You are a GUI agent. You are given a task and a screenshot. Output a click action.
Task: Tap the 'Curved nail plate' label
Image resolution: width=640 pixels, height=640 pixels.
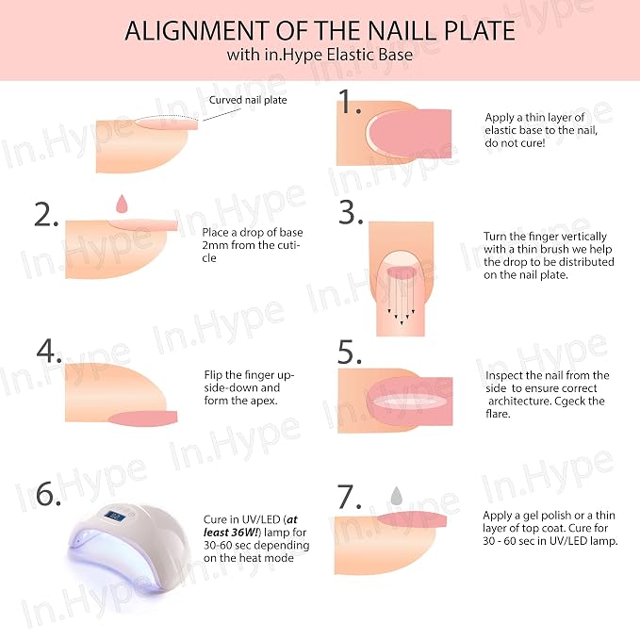(x=248, y=100)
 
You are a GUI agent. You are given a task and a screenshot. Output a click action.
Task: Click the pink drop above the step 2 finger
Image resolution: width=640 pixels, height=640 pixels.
(x=122, y=204)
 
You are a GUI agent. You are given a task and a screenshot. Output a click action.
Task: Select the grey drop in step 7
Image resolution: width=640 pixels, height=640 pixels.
(x=396, y=496)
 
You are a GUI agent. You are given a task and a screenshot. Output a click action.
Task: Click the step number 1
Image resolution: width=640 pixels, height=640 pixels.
(x=350, y=102)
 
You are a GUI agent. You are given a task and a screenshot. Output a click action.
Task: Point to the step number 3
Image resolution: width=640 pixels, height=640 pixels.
(x=351, y=213)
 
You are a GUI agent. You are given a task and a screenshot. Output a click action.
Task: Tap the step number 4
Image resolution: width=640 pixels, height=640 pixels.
(x=49, y=351)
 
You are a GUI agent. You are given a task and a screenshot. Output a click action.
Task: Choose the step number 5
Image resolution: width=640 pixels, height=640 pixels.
(x=350, y=352)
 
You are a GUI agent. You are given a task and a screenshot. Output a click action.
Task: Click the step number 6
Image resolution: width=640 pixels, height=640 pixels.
(x=48, y=494)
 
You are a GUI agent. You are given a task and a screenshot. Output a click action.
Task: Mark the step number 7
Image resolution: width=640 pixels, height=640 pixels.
(x=350, y=497)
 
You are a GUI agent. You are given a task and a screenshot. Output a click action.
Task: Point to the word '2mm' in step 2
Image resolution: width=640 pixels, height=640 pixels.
(x=215, y=245)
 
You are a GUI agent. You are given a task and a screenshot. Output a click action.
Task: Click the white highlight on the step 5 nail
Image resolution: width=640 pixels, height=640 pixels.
(x=409, y=402)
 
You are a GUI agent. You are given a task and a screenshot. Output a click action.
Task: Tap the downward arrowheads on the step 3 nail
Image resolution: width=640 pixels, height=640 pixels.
(x=402, y=317)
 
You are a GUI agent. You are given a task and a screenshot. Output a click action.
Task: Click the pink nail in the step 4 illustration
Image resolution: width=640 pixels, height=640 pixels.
(x=143, y=418)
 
